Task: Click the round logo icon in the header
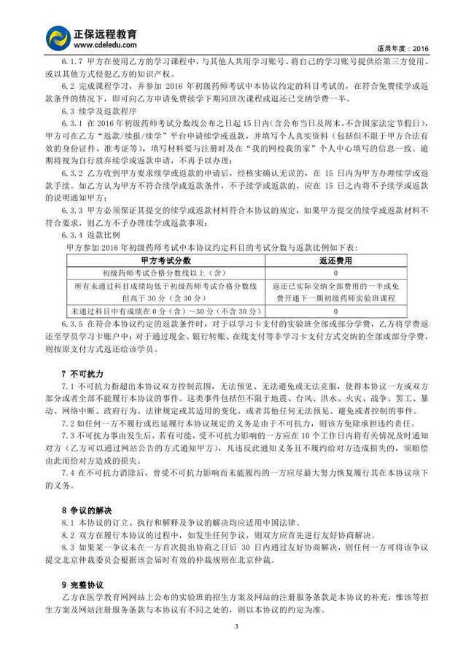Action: [58, 37]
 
